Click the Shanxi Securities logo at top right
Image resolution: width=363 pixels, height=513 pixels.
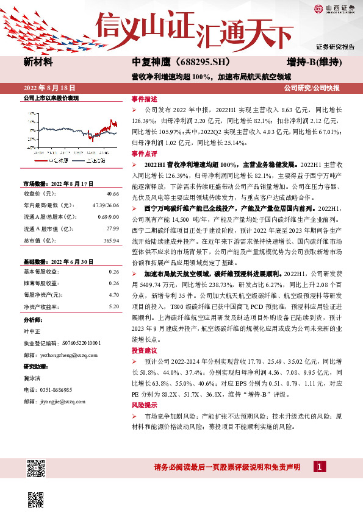[x=334, y=9]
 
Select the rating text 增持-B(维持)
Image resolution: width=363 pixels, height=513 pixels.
[x=314, y=62]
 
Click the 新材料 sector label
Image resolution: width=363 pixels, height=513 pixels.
[x=38, y=62]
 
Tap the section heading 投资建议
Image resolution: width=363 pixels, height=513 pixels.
[x=144, y=351]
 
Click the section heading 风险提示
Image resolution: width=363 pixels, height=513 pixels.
[x=144, y=405]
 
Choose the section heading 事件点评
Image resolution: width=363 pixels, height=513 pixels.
[x=144, y=154]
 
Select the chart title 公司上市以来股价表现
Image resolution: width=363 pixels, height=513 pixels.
[x=51, y=98]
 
